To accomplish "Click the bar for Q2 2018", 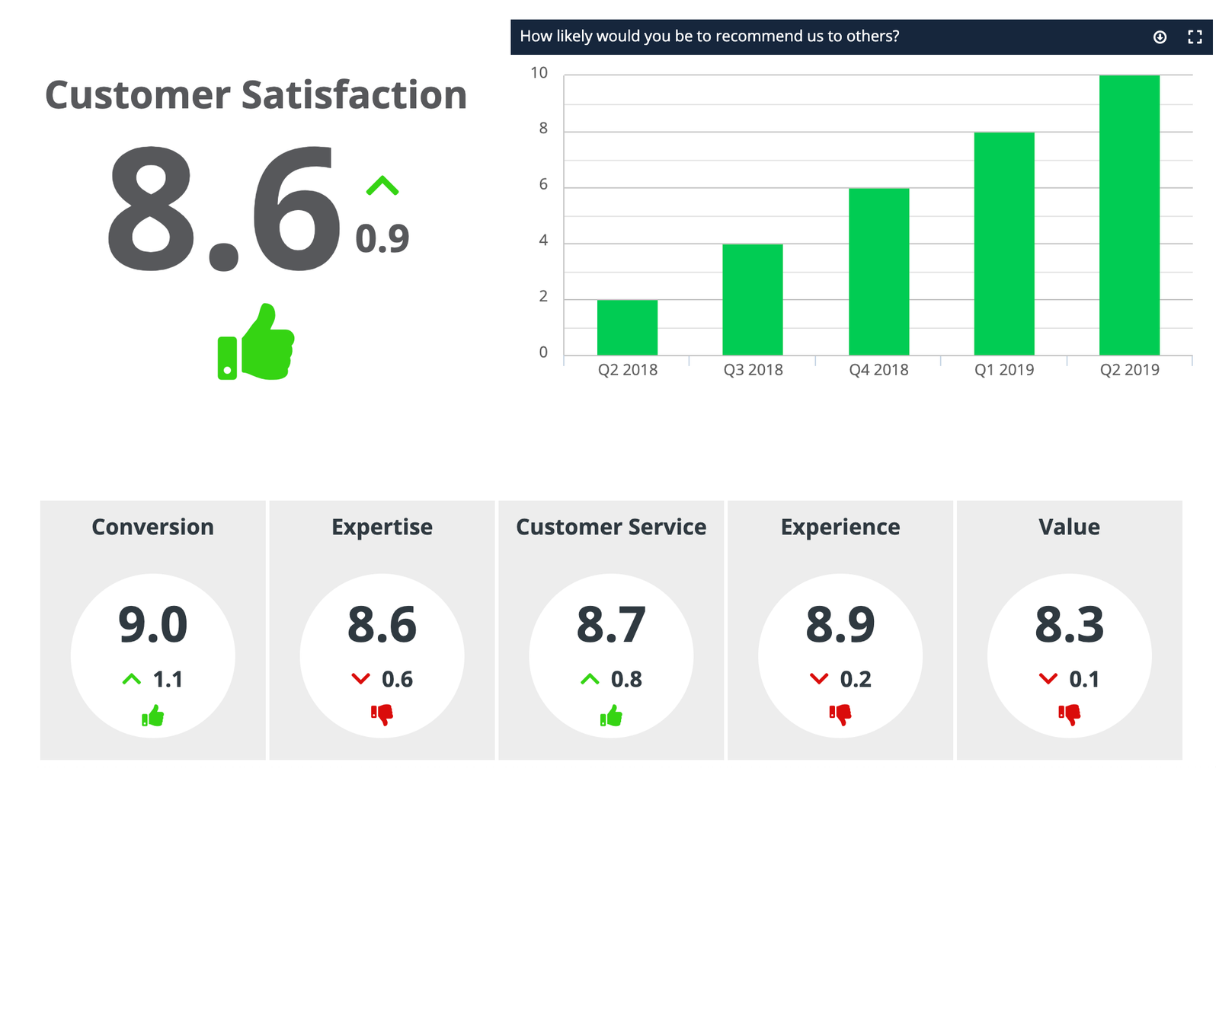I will tap(627, 327).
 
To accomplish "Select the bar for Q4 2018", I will tap(878, 271).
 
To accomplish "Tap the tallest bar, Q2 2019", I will tap(1129, 215).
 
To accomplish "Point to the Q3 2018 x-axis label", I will tap(753, 370).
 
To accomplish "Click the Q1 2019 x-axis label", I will tap(1004, 370).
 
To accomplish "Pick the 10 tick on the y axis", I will tap(539, 73).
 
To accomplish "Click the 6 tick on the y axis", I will tap(543, 185).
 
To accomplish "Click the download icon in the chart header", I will tap(1160, 37).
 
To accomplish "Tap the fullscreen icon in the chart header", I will tap(1195, 37).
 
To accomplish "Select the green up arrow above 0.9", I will tap(382, 185).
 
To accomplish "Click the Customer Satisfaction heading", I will tap(256, 95).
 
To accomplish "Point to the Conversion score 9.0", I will tap(152, 625).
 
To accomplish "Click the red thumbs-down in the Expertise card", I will tap(382, 714).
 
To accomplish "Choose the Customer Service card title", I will tap(611, 527).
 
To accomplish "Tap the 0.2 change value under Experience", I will tap(856, 679).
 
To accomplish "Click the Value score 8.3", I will tap(1069, 625).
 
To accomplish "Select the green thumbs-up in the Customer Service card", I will tap(611, 716).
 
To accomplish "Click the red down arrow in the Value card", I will tap(1048, 678).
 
